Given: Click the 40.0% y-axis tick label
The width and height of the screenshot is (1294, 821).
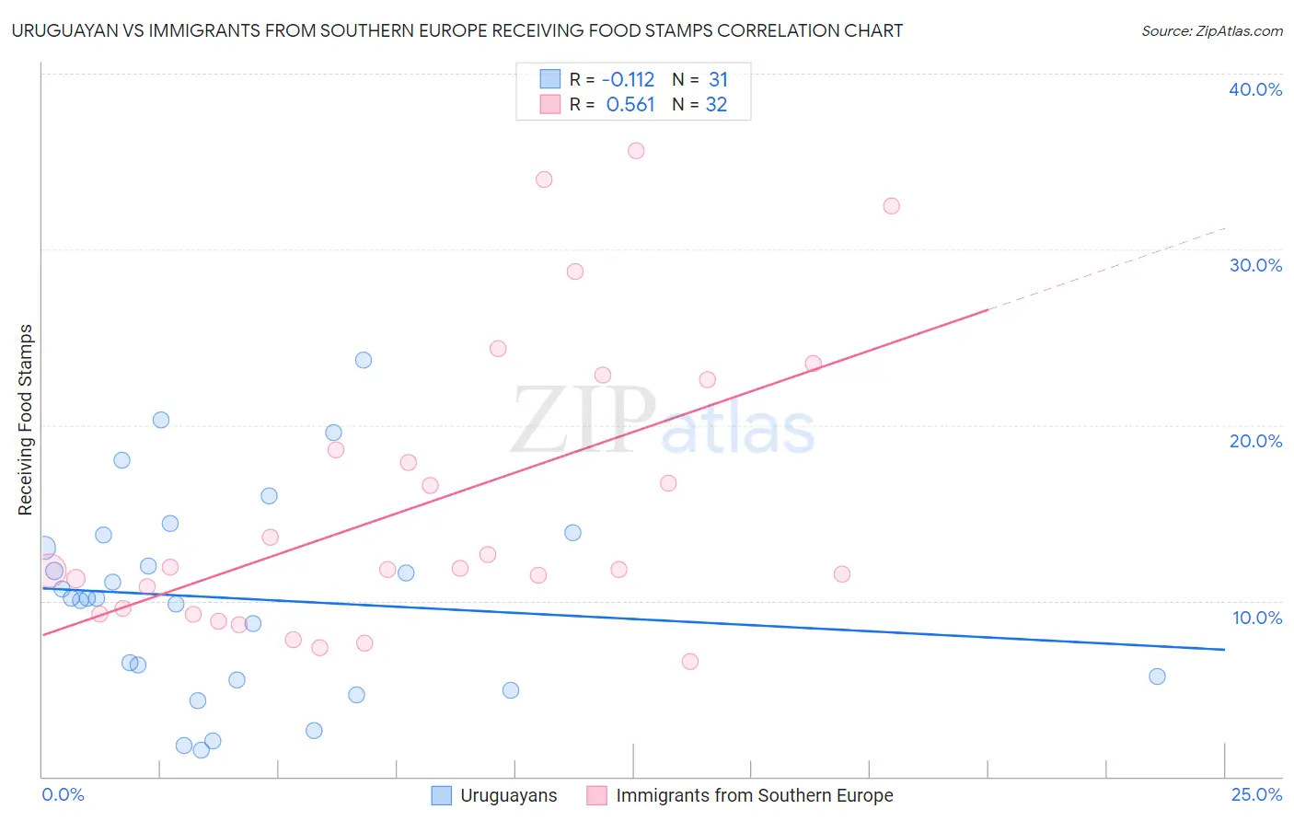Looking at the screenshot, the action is click(x=1254, y=89).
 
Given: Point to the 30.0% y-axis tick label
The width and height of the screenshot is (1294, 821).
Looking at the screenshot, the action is click(x=1255, y=265).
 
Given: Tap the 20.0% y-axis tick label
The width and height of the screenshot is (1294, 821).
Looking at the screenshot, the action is click(x=1255, y=442).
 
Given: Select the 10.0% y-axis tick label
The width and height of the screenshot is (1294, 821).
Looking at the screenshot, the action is click(x=1257, y=618).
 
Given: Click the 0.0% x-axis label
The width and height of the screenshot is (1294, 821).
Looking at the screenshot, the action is click(x=63, y=794).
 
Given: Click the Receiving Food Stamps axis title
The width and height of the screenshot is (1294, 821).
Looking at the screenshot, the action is click(x=26, y=420).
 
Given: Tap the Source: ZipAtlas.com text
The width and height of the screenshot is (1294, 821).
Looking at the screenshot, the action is click(x=1212, y=31).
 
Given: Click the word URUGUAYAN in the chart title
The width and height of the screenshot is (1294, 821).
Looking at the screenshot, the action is click(x=64, y=30).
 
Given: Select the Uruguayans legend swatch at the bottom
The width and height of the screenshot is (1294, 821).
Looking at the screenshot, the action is click(x=442, y=795).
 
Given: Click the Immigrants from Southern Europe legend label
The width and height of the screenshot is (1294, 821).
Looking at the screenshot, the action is click(x=755, y=795).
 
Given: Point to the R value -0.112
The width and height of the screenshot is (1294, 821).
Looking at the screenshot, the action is click(x=628, y=79).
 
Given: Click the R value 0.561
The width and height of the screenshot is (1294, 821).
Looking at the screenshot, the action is click(x=630, y=105).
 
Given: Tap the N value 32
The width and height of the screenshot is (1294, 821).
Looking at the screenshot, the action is click(x=716, y=105).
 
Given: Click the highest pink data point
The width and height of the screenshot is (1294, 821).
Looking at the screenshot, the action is click(x=636, y=151).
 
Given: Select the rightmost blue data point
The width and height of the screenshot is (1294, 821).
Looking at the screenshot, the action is click(x=1157, y=676).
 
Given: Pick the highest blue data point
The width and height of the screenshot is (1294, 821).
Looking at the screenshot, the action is click(x=364, y=361).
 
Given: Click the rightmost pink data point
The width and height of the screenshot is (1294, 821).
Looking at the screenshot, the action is click(x=892, y=206).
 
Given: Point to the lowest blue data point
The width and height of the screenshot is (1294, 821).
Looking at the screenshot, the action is click(x=201, y=750).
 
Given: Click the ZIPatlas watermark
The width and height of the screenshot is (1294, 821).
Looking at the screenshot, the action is click(x=663, y=420).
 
